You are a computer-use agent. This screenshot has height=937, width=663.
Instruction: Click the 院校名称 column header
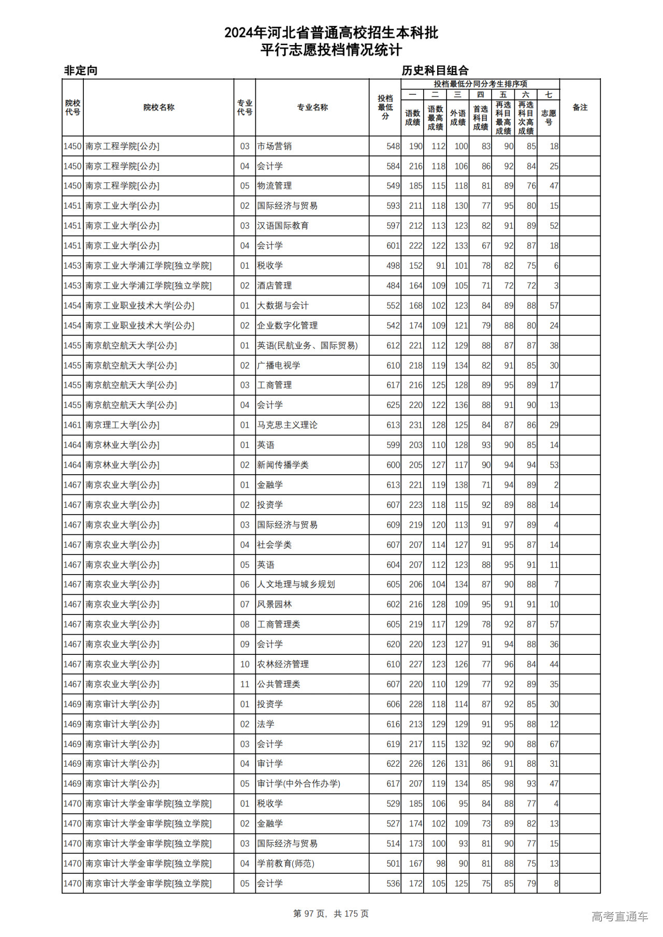pos(158,108)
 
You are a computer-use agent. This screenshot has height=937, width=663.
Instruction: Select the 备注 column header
pos(580,108)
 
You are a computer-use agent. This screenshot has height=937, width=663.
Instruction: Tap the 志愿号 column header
pos(548,118)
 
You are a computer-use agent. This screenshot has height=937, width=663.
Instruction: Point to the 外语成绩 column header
pos(457,118)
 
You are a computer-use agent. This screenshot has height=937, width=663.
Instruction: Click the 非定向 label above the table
pos(80,70)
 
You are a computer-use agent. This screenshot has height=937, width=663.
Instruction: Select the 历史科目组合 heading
pos(435,70)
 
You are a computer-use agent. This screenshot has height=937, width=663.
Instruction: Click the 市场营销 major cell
pos(275,147)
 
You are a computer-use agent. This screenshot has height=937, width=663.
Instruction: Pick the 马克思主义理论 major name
pos(287,425)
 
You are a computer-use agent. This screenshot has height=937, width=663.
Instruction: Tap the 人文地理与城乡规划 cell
pos(296,584)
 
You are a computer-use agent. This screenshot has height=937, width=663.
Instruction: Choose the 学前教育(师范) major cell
pos(286,863)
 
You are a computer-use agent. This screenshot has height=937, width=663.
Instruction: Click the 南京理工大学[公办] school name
pos(123,425)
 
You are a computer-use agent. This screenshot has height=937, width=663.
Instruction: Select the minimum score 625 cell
pos(393,405)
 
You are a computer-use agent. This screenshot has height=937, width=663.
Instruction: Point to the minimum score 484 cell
pos(393,286)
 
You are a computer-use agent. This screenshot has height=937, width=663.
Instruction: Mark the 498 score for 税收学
pos(393,266)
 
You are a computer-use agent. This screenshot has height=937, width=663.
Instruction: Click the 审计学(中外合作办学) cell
pos(299,784)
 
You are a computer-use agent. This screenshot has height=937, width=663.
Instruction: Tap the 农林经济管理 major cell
pos(283,664)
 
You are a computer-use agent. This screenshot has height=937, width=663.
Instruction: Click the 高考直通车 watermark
pos(619,916)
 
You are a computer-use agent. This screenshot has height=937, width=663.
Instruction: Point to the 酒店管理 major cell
pos(275,286)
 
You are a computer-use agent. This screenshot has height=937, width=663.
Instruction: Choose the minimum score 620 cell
pos(393,645)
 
